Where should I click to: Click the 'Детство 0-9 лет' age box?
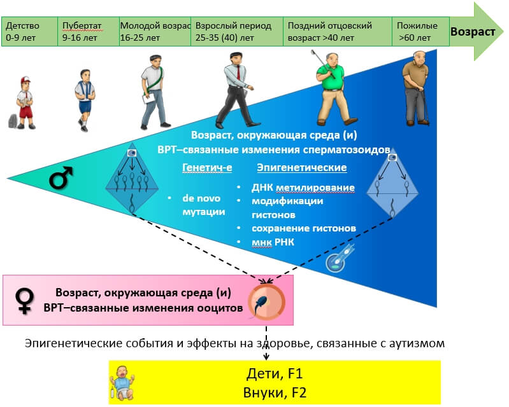(x=29, y=31)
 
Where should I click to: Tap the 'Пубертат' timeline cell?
(x=89, y=31)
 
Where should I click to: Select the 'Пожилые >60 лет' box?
(x=420, y=31)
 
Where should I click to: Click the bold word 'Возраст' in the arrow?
(x=473, y=32)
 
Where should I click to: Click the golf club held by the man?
(x=323, y=64)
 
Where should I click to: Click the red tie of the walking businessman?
(x=238, y=72)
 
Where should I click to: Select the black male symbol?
(x=61, y=178)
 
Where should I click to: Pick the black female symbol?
(x=25, y=301)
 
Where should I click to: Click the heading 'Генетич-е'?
(x=207, y=167)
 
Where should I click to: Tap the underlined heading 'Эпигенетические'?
(x=302, y=167)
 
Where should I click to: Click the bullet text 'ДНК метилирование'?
(x=303, y=188)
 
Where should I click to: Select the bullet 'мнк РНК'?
(x=273, y=242)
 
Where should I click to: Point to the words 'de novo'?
(x=201, y=198)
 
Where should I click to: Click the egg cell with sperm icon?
(x=266, y=302)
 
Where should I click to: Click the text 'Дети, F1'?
(x=275, y=374)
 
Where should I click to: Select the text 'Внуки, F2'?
(x=275, y=392)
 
